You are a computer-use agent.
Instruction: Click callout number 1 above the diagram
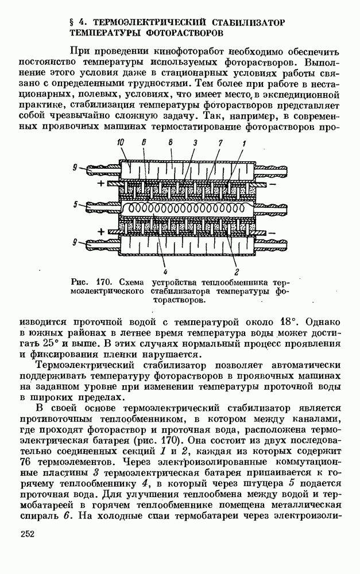point(243,143)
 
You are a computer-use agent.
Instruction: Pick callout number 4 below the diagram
point(164,272)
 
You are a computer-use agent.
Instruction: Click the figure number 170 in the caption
point(102,282)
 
